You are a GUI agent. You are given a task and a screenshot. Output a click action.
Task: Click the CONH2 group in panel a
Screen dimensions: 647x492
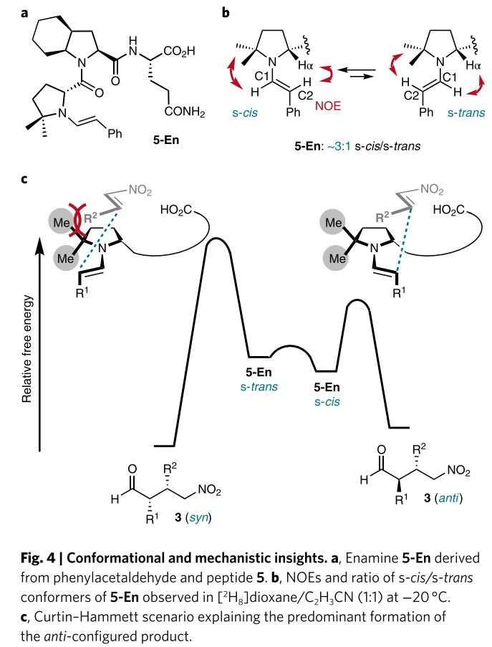188,112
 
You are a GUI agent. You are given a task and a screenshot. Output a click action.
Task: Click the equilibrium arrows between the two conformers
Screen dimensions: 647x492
362,71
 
